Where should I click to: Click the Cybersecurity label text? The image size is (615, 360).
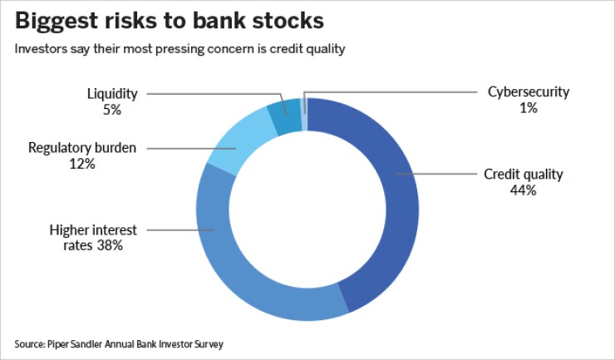(x=528, y=92)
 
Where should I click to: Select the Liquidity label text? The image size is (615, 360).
(x=112, y=94)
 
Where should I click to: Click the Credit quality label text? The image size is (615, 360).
(x=524, y=175)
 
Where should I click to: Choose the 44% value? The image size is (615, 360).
(x=524, y=190)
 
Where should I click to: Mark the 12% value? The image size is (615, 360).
(x=82, y=164)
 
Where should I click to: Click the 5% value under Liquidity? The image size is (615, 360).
(x=112, y=110)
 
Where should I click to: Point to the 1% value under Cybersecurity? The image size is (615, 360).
(x=528, y=108)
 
